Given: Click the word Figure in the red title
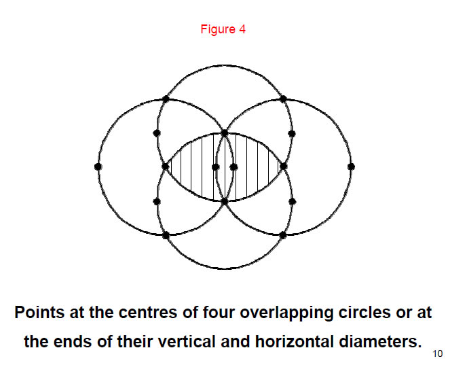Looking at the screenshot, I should click(216, 31).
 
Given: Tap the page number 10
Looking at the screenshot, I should click(436, 353).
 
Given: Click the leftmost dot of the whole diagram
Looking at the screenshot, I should click(98, 166).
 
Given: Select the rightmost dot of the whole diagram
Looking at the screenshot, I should click(351, 166).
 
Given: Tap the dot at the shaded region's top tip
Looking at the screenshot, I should click(225, 133).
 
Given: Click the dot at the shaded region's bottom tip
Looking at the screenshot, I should click(225, 201).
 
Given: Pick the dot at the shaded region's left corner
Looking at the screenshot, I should click(165, 166).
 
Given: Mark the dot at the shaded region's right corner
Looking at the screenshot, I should click(284, 166).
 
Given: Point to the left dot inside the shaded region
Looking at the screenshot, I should click(215, 166).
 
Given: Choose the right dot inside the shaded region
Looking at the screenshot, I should click(233, 166).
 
